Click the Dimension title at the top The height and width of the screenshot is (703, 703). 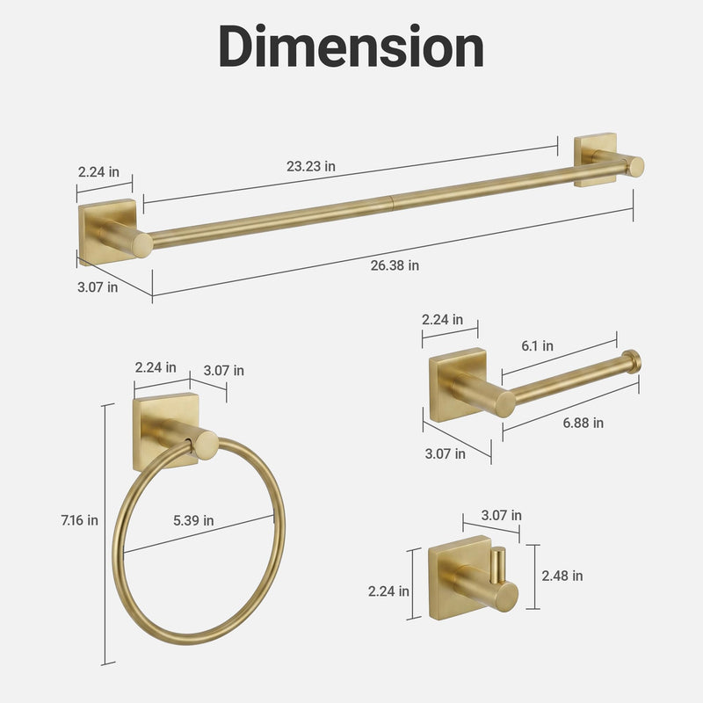click(x=351, y=47)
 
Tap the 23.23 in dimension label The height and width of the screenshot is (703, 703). click(x=311, y=166)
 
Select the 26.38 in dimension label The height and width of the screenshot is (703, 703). click(x=395, y=265)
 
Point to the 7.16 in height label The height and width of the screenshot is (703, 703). click(x=79, y=520)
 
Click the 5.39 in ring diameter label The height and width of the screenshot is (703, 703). click(x=193, y=520)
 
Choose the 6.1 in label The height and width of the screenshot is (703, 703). click(x=537, y=345)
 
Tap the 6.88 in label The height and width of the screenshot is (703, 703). click(x=583, y=423)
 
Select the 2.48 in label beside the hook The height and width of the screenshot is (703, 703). click(x=562, y=576)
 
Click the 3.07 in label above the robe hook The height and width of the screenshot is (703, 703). click(x=501, y=515)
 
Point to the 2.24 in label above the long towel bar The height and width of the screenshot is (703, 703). click(x=98, y=171)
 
